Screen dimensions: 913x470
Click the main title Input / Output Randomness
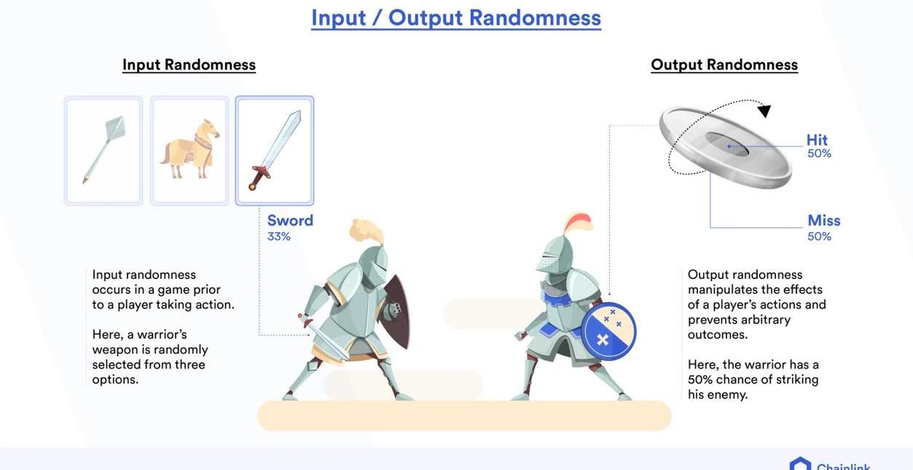point(455,18)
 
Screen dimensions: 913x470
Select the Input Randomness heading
point(189,66)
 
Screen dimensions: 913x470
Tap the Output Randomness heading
point(724,66)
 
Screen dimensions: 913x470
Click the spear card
point(103,150)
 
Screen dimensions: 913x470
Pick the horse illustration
point(189,149)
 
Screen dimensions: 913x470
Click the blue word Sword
point(290,221)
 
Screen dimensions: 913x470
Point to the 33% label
point(279,236)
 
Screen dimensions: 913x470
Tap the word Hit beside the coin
point(817,140)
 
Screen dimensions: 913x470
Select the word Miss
point(823,221)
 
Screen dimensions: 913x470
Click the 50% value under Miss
point(819,236)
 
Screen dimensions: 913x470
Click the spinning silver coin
point(726,147)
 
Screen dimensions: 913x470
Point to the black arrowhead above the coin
point(764,111)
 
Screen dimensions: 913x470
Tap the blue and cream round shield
point(608,332)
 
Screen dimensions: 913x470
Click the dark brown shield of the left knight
point(396,311)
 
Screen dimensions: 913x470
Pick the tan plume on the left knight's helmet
point(367,231)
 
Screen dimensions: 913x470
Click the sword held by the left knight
point(324,337)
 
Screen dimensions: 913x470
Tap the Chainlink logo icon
point(800,464)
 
